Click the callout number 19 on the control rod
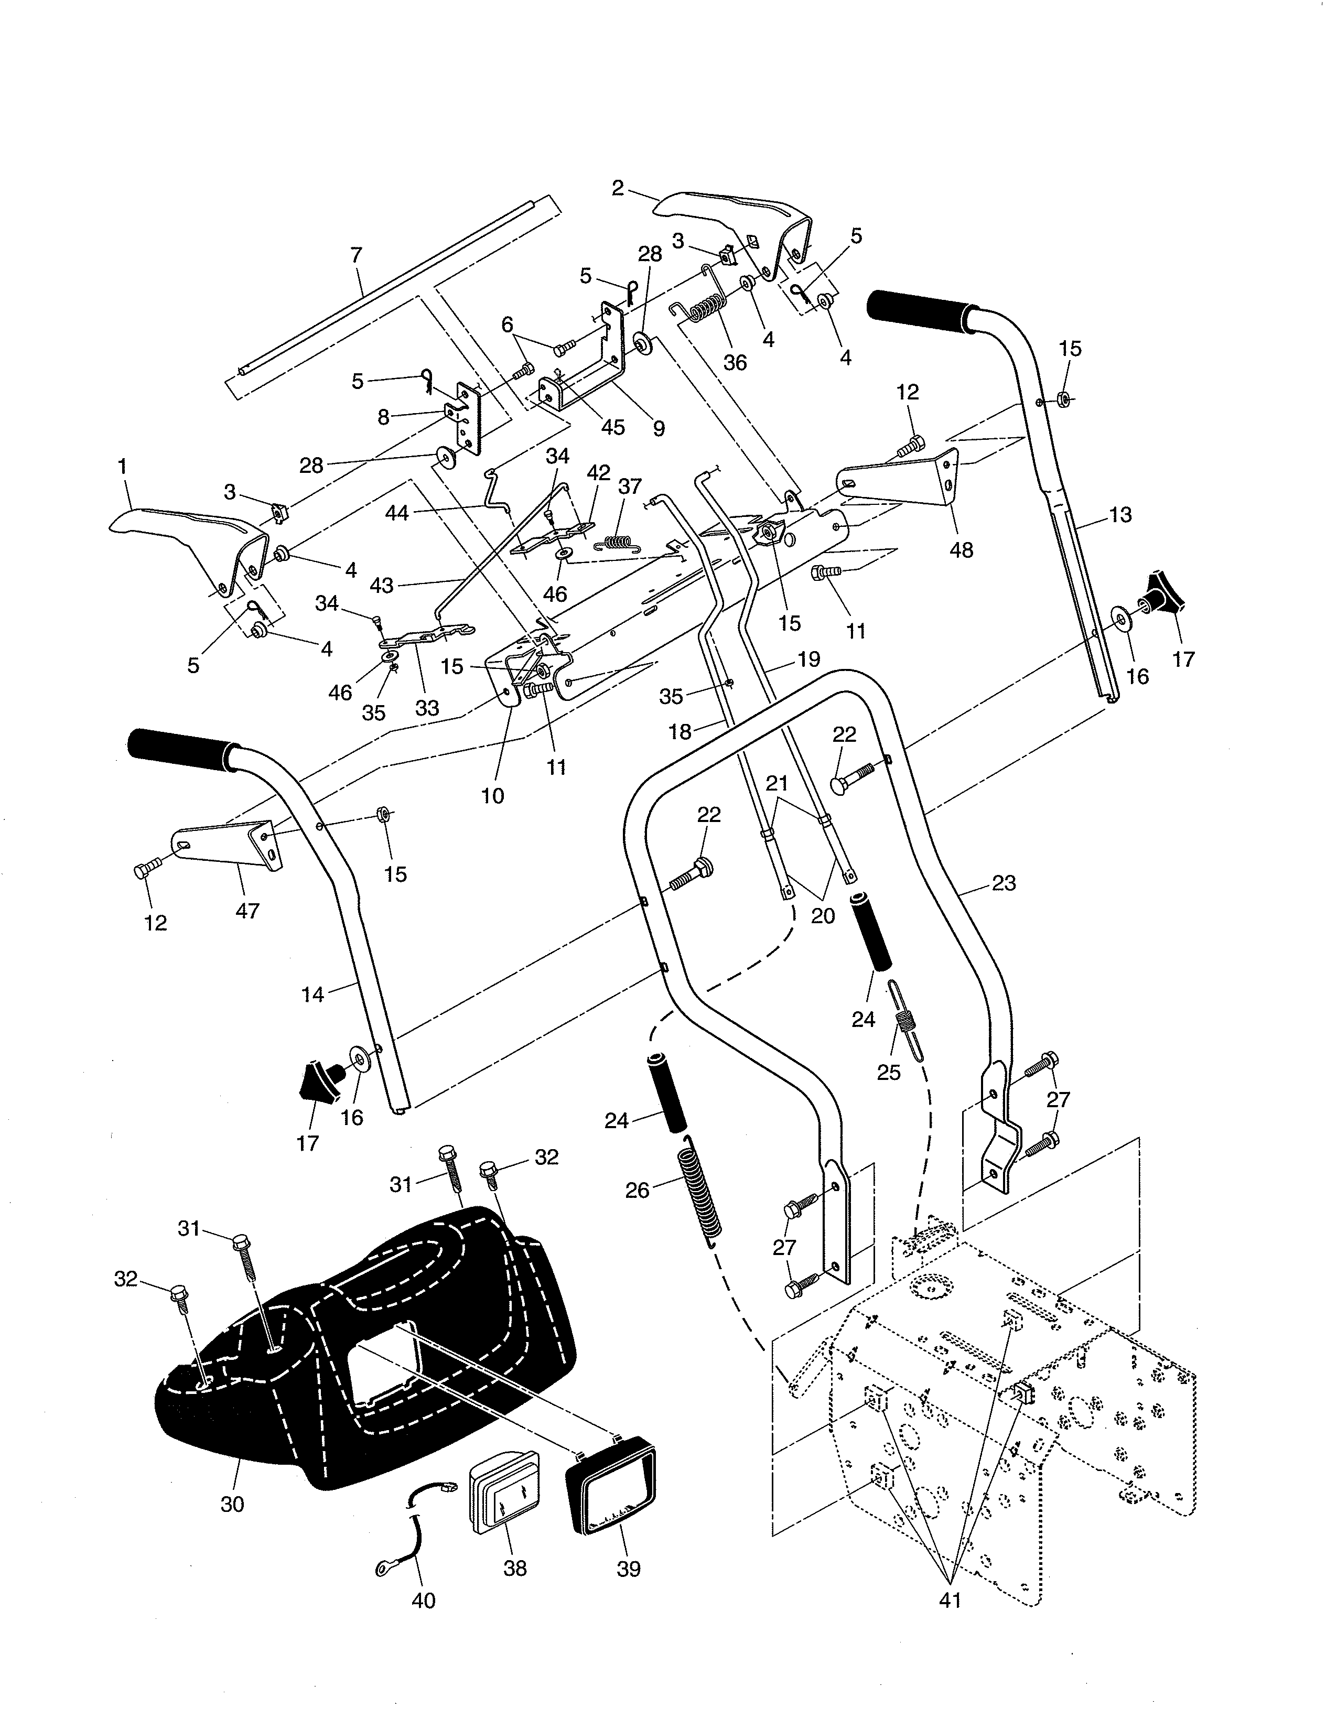coord(808,659)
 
